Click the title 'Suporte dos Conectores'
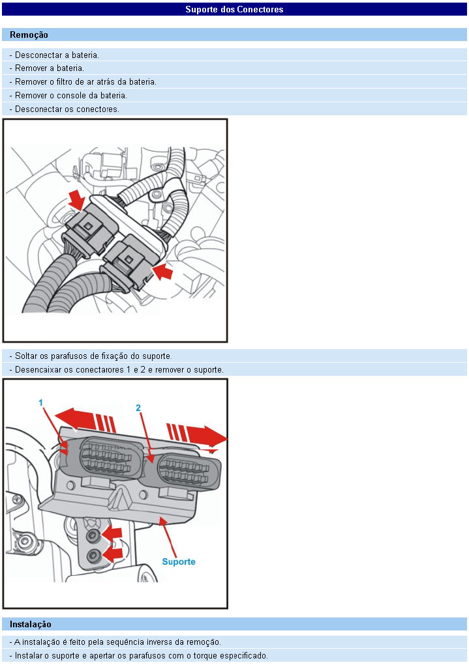point(234,9)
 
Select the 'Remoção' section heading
point(29,35)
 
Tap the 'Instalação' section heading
point(31,624)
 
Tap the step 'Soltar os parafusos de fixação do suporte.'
point(91,356)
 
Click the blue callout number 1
point(40,403)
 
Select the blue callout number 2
point(138,408)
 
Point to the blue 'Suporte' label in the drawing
point(178,561)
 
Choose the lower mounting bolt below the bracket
point(95,555)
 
